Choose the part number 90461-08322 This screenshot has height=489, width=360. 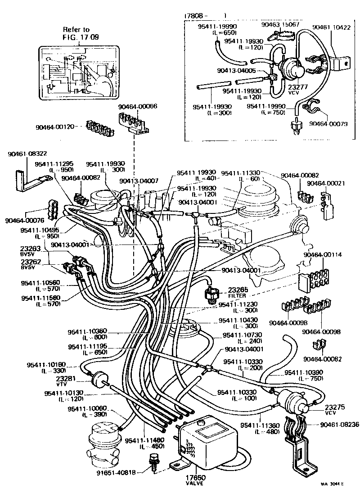click(x=27, y=154)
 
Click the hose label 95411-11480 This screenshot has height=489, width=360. click(x=144, y=440)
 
